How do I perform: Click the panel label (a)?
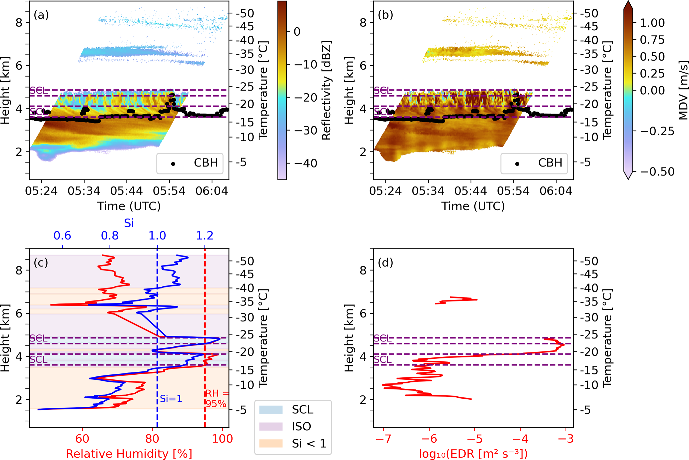[x=41, y=15]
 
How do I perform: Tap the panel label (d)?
[x=385, y=263]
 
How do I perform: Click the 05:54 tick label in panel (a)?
[x=169, y=191]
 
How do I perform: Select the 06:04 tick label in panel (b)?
[x=556, y=191]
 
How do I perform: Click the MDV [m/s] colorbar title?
[x=683, y=90]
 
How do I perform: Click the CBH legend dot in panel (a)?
[x=173, y=164]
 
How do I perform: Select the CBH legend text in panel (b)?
[x=550, y=163]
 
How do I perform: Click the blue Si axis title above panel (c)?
[x=129, y=223]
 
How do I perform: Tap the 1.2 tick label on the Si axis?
[x=204, y=236]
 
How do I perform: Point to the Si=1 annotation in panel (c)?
[x=171, y=399]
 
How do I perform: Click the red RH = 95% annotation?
[x=217, y=399]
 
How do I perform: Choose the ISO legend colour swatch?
[x=271, y=427]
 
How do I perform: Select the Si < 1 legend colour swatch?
[x=271, y=444]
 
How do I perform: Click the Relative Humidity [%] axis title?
[x=129, y=454]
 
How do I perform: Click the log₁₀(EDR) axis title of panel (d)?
[x=473, y=454]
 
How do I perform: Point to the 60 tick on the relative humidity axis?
[x=82, y=439]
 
